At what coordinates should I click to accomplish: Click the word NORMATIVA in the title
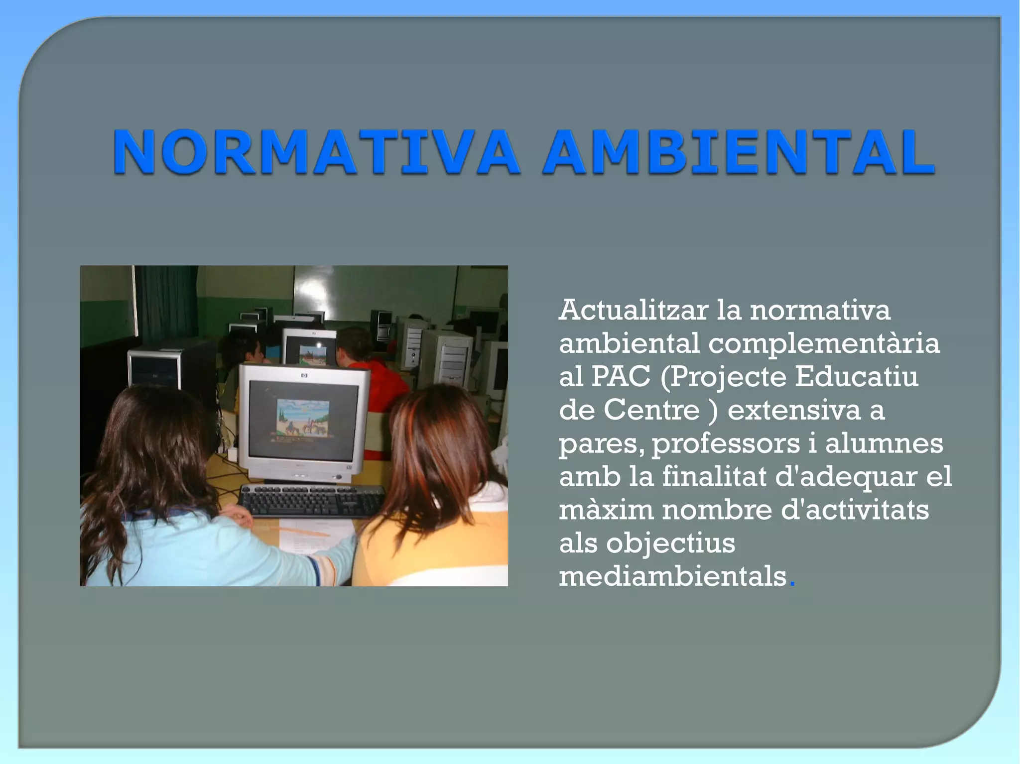[316, 152]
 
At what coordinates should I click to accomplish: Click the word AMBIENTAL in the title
[739, 152]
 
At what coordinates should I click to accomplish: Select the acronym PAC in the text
[621, 377]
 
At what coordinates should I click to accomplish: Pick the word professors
[725, 443]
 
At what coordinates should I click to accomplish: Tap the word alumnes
[884, 443]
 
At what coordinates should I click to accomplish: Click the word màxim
[606, 510]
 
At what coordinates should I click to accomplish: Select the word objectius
[670, 544]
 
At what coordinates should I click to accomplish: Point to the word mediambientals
[672, 577]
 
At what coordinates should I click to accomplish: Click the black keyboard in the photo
[312, 500]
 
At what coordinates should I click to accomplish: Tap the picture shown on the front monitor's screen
[302, 418]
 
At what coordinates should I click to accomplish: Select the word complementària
[824, 343]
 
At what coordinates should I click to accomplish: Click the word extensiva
[794, 410]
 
